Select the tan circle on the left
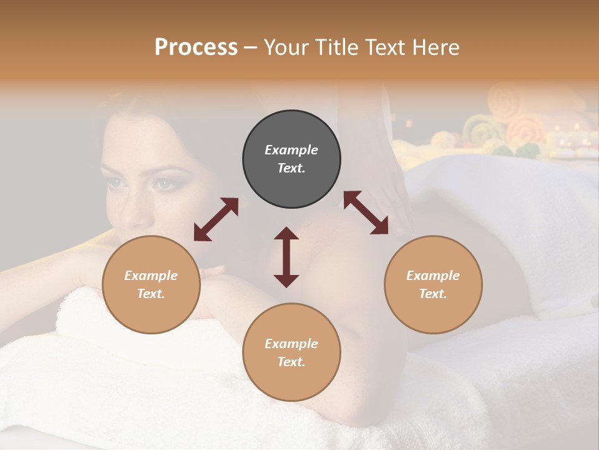151,284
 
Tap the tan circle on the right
433,284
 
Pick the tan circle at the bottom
291,352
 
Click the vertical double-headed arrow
286,257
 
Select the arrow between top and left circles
216,219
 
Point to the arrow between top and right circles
366,213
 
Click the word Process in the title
196,47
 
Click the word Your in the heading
286,47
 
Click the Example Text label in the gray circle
291,159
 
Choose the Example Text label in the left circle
151,284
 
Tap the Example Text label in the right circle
433,284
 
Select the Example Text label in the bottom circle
291,352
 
